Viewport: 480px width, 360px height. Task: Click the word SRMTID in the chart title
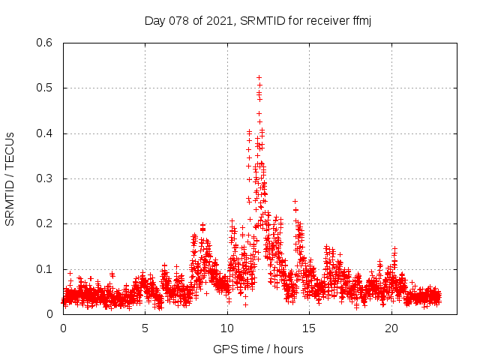pos(264,20)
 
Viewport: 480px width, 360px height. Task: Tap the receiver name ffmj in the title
pos(359,20)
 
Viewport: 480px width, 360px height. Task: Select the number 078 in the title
pos(178,20)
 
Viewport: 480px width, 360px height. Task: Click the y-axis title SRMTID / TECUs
pos(10,178)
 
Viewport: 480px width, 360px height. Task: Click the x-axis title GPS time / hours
pos(258,349)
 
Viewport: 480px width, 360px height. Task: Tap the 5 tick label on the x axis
pos(145,328)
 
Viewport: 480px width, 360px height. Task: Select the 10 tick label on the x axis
pos(227,328)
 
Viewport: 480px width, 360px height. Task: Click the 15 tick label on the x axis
pos(310,328)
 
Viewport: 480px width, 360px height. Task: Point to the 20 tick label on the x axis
pos(391,328)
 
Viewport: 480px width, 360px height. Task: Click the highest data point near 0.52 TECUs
pos(259,77)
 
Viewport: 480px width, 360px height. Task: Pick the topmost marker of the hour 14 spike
pos(295,201)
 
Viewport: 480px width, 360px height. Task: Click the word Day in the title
pos(154,20)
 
